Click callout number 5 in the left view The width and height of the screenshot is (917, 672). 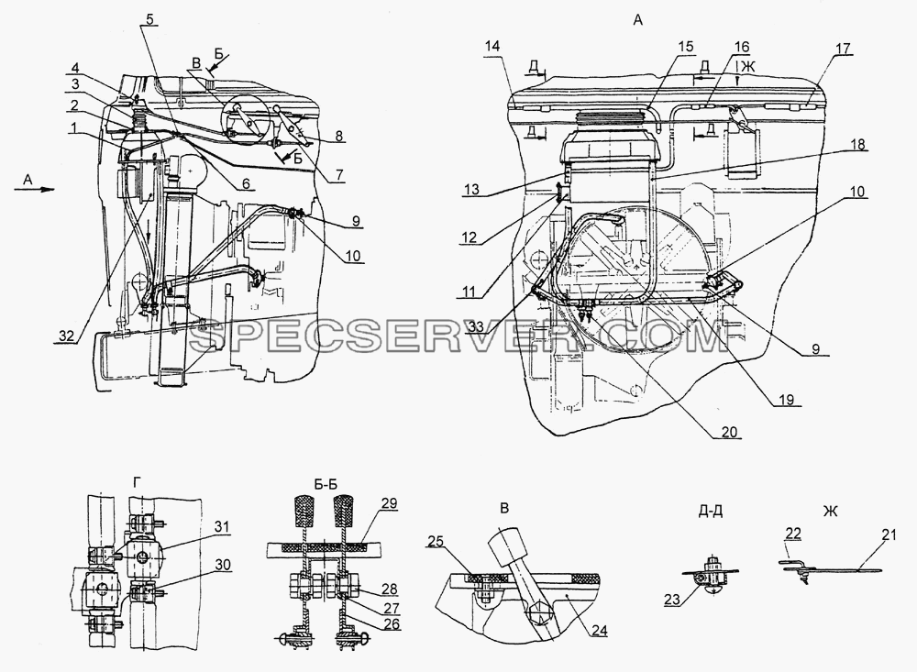(x=149, y=18)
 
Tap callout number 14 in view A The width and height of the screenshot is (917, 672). (x=493, y=47)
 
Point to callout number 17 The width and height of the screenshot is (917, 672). (x=844, y=48)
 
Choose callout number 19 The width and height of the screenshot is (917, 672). (x=787, y=400)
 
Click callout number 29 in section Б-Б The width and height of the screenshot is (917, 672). (x=389, y=503)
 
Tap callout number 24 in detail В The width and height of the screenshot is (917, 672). (x=600, y=631)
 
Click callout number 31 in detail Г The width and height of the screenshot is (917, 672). (x=221, y=527)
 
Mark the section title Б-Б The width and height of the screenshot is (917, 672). (x=326, y=485)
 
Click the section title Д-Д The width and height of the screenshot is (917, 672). (x=710, y=511)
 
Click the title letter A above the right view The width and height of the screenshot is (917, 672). (x=637, y=21)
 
